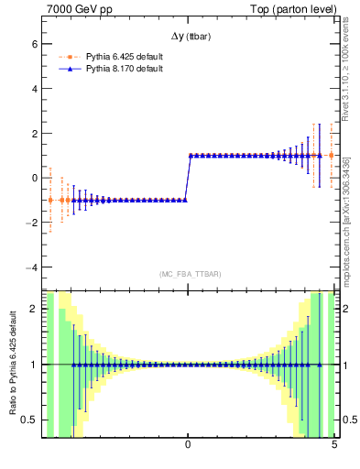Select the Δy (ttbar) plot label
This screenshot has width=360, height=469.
tap(188, 37)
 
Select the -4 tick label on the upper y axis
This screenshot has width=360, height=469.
tap(30, 267)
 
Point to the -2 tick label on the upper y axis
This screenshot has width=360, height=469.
tap(30, 223)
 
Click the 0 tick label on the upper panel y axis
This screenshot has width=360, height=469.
tap(33, 178)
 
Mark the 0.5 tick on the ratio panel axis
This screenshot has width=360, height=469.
tap(28, 420)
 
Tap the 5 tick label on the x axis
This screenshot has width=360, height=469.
tap(333, 445)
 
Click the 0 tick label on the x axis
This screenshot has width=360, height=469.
tap(188, 445)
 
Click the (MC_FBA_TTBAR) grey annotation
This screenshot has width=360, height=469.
tap(188, 274)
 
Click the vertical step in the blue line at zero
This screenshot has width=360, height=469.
tap(187, 178)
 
